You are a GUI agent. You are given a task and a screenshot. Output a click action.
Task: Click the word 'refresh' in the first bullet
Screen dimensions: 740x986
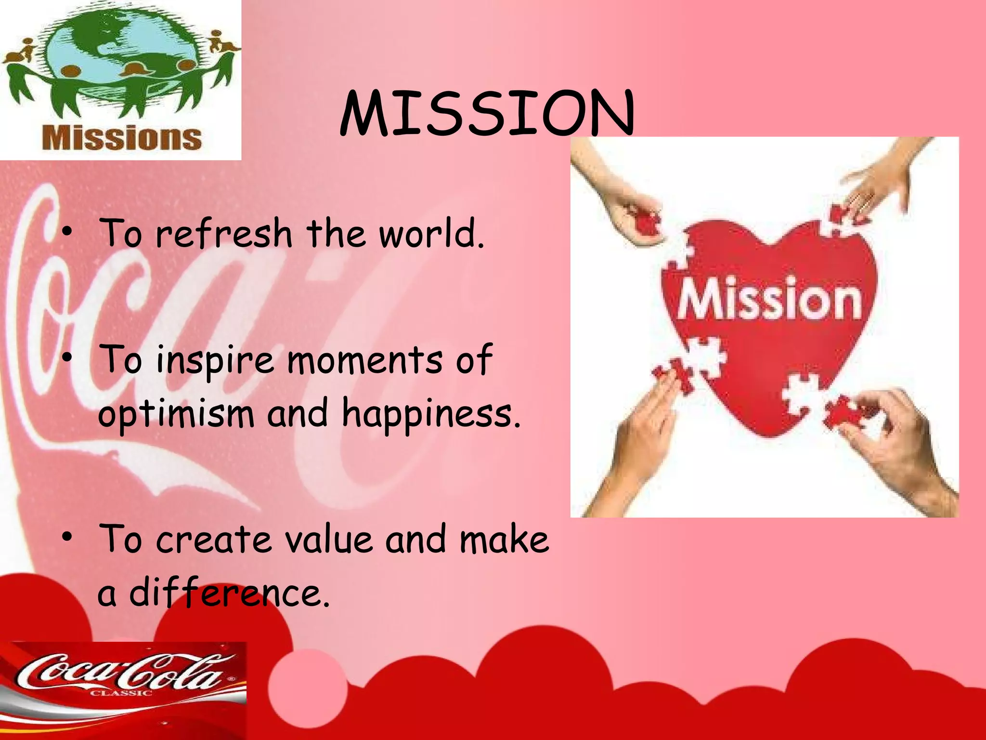coord(224,233)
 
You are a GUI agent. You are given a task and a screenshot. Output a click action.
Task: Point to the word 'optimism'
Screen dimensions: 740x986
coord(176,414)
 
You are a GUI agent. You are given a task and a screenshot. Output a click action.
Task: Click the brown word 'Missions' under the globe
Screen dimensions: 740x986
coord(121,138)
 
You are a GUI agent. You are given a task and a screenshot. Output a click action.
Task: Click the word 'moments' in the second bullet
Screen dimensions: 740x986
coord(364,360)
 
